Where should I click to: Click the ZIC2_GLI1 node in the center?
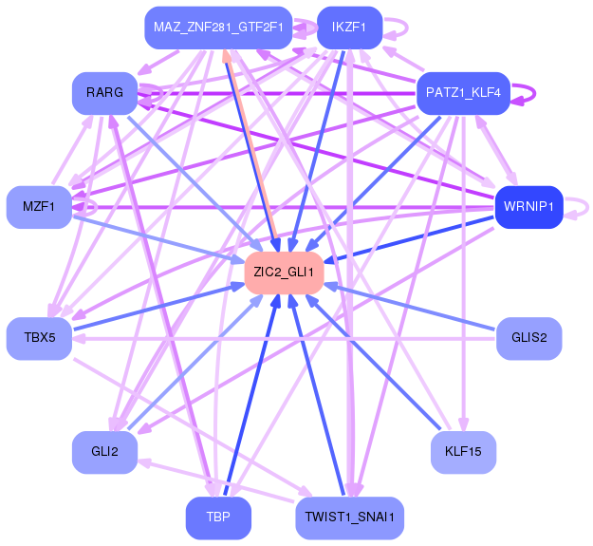point(284,273)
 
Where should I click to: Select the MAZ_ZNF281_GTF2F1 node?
point(218,28)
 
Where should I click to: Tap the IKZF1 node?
point(349,28)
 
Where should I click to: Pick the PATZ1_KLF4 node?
point(463,93)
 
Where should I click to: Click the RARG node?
point(104,93)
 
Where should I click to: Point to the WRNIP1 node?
point(529,207)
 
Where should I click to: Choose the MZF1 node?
point(39,207)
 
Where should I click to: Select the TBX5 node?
point(39,338)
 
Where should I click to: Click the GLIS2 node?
point(529,338)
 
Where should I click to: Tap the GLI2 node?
point(104,452)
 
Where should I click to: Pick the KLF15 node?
point(463,452)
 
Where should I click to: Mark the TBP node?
point(218,518)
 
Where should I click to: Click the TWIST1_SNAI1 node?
point(349,518)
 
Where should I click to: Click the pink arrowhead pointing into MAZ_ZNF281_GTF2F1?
point(227,56)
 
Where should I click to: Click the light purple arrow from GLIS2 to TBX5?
point(284,338)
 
